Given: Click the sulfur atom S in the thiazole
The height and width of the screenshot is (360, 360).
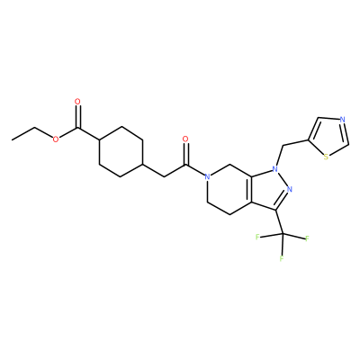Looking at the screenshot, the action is point(326,157).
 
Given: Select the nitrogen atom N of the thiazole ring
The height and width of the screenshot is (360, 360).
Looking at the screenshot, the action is point(343,120).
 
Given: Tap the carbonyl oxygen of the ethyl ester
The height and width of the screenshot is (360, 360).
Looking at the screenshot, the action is point(77,102).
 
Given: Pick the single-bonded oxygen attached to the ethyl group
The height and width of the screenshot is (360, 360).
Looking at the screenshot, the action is point(56,139).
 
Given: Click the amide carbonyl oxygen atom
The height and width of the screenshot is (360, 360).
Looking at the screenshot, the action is point(185,139).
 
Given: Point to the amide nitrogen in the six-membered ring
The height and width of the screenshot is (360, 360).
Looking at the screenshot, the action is point(207,176).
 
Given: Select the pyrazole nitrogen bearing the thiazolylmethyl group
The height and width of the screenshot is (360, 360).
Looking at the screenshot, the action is point(274,169).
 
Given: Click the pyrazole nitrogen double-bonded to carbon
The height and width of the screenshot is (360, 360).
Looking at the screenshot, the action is point(289,189).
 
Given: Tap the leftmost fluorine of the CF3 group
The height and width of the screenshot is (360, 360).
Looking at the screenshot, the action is point(257,238).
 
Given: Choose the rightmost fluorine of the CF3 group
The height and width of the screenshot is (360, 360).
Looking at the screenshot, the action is point(307,238).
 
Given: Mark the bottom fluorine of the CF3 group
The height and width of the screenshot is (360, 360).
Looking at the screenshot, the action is point(282,258).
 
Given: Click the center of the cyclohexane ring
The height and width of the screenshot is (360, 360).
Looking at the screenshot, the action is point(121,152).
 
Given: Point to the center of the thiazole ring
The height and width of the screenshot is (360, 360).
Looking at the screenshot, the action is point(329,137).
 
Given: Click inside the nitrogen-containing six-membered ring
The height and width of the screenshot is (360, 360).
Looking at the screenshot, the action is point(229,189).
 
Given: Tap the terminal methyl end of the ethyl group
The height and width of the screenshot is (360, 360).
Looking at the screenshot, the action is point(13,139).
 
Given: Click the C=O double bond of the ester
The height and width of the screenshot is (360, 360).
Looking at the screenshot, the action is point(77,116).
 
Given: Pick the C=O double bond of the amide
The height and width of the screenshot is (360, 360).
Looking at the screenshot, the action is point(185,153).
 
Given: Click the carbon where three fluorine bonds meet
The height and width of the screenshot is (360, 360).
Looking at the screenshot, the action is point(282,233).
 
